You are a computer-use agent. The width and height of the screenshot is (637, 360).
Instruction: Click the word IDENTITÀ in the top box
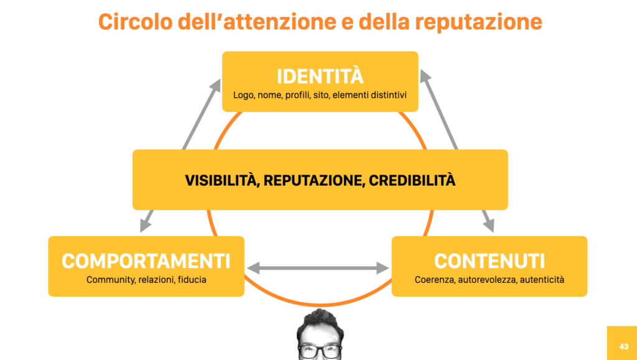pyautogui.click(x=320, y=76)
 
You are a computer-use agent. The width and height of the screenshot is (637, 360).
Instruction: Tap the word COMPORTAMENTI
pyautogui.click(x=146, y=261)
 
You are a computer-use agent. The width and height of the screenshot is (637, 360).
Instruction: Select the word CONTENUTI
pyautogui.click(x=489, y=261)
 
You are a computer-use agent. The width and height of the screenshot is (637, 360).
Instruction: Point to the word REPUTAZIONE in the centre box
pyautogui.click(x=316, y=181)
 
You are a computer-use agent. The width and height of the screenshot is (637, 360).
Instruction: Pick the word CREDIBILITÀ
pyautogui.click(x=412, y=181)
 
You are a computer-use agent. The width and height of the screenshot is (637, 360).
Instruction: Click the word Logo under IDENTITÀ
pyautogui.click(x=244, y=96)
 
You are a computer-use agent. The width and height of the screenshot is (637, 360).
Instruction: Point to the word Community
pyautogui.click(x=110, y=280)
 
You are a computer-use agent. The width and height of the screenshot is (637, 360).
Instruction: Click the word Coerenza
pyautogui.click(x=434, y=280)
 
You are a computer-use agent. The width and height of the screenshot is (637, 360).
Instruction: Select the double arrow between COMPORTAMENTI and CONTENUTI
pyautogui.click(x=317, y=268)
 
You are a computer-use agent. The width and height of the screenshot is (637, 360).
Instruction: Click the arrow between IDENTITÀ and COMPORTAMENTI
pyautogui.click(x=180, y=155)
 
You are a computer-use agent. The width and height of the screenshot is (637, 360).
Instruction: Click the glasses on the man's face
pyautogui.click(x=320, y=351)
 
